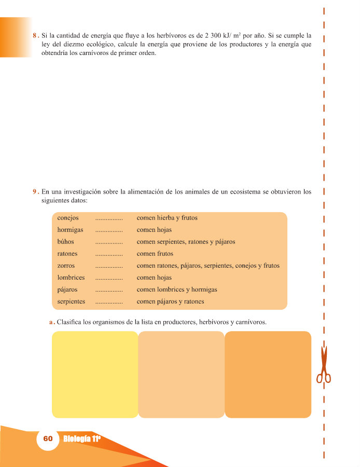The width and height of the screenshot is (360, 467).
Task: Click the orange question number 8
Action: [34, 36]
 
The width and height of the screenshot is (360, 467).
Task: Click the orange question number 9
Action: [34, 191]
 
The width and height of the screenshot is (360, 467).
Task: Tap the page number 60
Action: [48, 439]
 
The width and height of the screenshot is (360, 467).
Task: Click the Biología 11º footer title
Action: [81, 439]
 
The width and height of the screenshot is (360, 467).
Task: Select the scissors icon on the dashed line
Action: [324, 365]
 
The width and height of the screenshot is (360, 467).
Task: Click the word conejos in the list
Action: [68, 218]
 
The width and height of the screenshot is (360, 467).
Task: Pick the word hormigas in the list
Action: [70, 230]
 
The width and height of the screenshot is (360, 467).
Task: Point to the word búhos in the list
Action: [65, 242]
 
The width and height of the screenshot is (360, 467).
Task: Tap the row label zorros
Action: [66, 266]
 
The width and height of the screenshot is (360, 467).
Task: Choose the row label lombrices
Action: [71, 278]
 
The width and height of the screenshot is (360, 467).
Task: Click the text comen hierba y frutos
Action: [167, 218]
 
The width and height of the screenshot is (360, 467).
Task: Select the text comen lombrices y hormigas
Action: [177, 290]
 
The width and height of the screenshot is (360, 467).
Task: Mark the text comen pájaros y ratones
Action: [170, 301]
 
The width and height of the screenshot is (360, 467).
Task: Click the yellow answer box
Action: [95, 374]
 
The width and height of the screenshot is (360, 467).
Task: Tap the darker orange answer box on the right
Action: [268, 374]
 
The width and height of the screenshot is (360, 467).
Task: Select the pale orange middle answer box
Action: [181, 374]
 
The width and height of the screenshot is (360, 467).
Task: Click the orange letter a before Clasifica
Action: [51, 322]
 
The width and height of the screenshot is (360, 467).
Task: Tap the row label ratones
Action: [67, 254]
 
